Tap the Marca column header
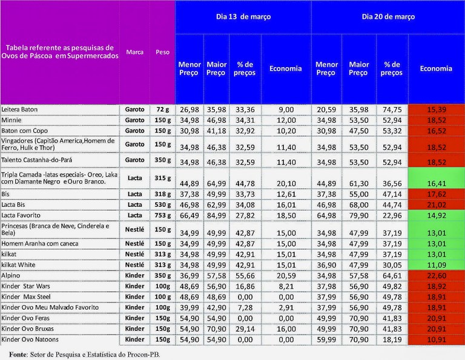pos(134,52)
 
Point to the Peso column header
pos(162,52)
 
